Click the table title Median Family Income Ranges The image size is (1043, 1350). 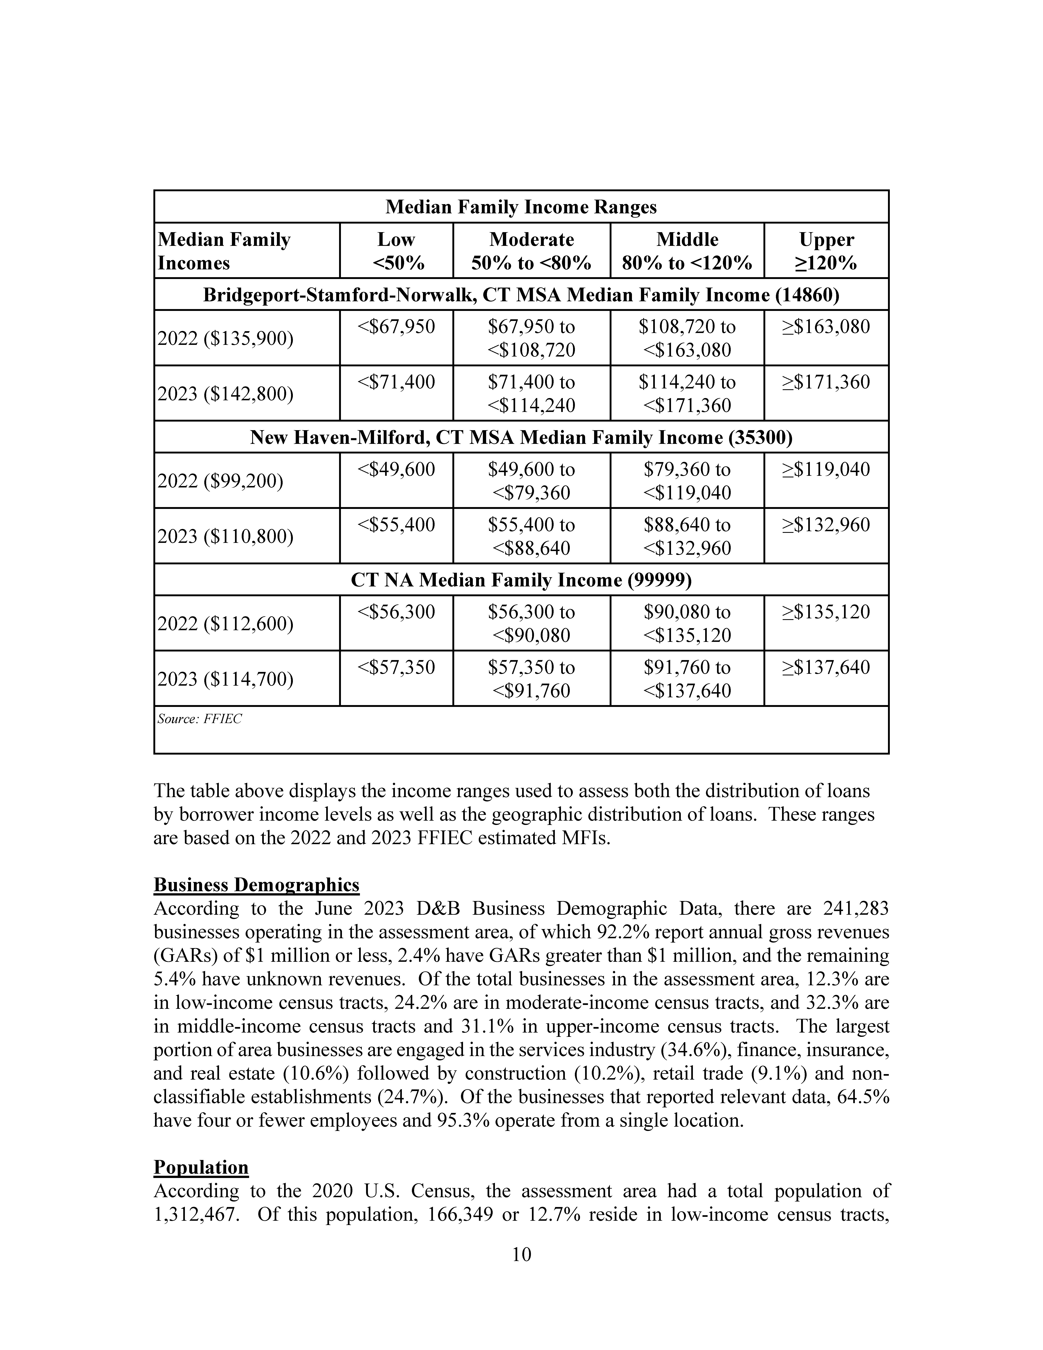(521, 207)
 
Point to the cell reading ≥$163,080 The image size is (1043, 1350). (826, 326)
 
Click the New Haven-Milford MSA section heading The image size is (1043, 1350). (521, 438)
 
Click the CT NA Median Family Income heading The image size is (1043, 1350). (521, 580)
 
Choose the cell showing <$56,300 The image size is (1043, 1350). (396, 612)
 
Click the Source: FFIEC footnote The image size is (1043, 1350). (200, 719)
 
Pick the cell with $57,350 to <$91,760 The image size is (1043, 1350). (531, 679)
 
